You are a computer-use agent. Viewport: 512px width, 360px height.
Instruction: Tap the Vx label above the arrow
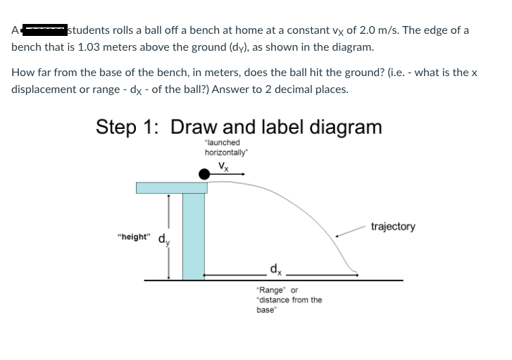[x=223, y=166]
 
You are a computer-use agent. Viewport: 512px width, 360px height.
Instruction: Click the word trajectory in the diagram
[x=392, y=227]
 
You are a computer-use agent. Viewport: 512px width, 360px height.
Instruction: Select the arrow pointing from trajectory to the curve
[x=353, y=232]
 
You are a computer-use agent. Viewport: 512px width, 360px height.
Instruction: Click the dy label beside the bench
[x=163, y=239]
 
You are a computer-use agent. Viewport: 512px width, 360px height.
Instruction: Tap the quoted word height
[x=134, y=237]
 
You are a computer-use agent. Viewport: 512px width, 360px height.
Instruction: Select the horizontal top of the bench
[x=171, y=187]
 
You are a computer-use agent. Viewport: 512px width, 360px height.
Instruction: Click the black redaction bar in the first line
[x=43, y=30]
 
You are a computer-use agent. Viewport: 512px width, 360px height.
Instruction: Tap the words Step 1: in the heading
[x=127, y=127]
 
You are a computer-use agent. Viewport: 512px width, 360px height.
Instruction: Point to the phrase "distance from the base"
[x=289, y=304]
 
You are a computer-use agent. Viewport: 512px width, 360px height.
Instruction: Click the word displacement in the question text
[x=44, y=89]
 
